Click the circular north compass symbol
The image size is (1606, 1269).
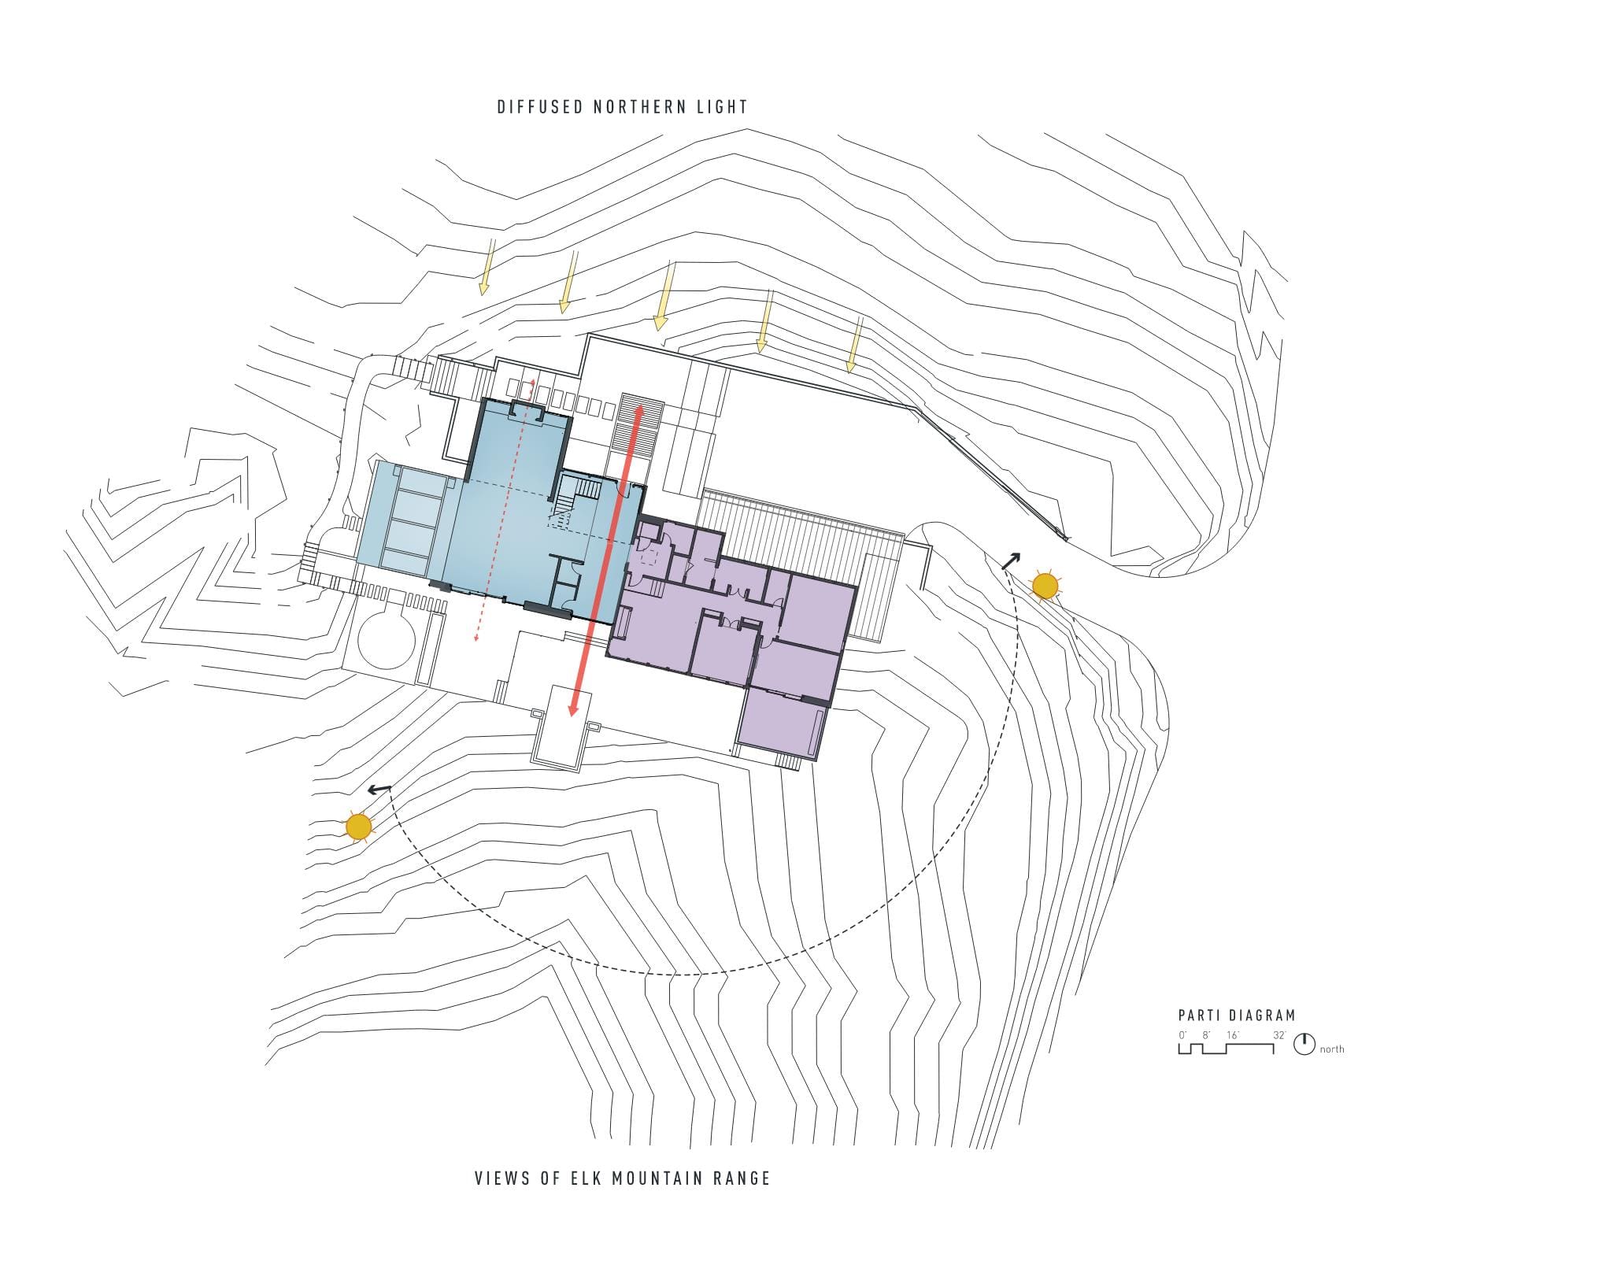coord(1304,1044)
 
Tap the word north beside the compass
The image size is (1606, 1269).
coord(1332,1049)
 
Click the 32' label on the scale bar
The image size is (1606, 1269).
coord(1279,1035)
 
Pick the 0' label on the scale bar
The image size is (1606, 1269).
coord(1182,1035)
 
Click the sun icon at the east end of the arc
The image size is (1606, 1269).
coord(1045,586)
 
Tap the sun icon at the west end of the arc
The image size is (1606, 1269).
coord(358,827)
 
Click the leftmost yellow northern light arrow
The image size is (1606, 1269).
coord(487,266)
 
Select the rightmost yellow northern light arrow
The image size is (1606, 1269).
coord(856,344)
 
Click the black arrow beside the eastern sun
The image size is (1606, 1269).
coord(1010,561)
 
